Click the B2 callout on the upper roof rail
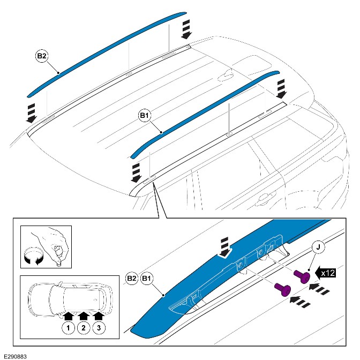[x=41, y=55]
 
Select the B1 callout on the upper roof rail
[x=144, y=115]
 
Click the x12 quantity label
[x=335, y=273]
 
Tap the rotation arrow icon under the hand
[x=31, y=259]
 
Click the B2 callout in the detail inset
[x=132, y=279]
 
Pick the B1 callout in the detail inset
[x=146, y=279]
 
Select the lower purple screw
[x=282, y=289]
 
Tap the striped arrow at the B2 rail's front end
[x=31, y=112]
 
